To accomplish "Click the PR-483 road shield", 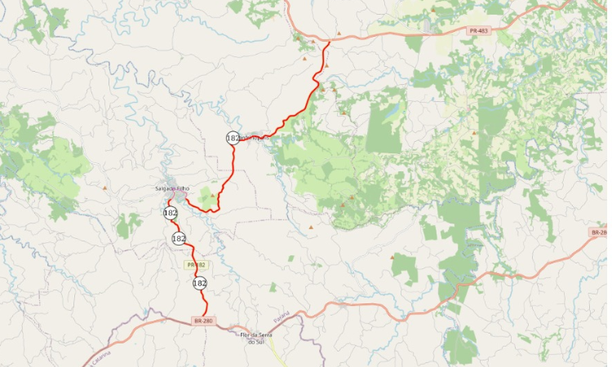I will tap(479, 31).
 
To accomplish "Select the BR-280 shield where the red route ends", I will tap(203, 321).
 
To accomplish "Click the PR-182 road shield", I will tap(197, 265).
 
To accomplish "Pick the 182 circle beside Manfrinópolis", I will tap(233, 138).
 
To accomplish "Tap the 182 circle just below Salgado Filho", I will tap(170, 213).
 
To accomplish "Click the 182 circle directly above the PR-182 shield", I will tap(179, 238).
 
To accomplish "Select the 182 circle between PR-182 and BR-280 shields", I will tap(200, 283).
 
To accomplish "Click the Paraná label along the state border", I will tap(282, 317).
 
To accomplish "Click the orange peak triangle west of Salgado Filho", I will tap(104, 188).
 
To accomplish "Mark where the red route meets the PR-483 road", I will tap(328, 42).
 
